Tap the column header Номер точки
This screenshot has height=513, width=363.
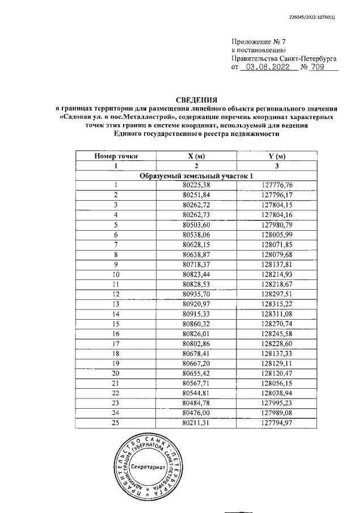tap(116, 156)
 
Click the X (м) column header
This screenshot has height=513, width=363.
tap(196, 156)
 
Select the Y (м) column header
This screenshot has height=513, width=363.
tap(276, 156)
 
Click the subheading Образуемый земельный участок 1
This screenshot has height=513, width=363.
tap(196, 176)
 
